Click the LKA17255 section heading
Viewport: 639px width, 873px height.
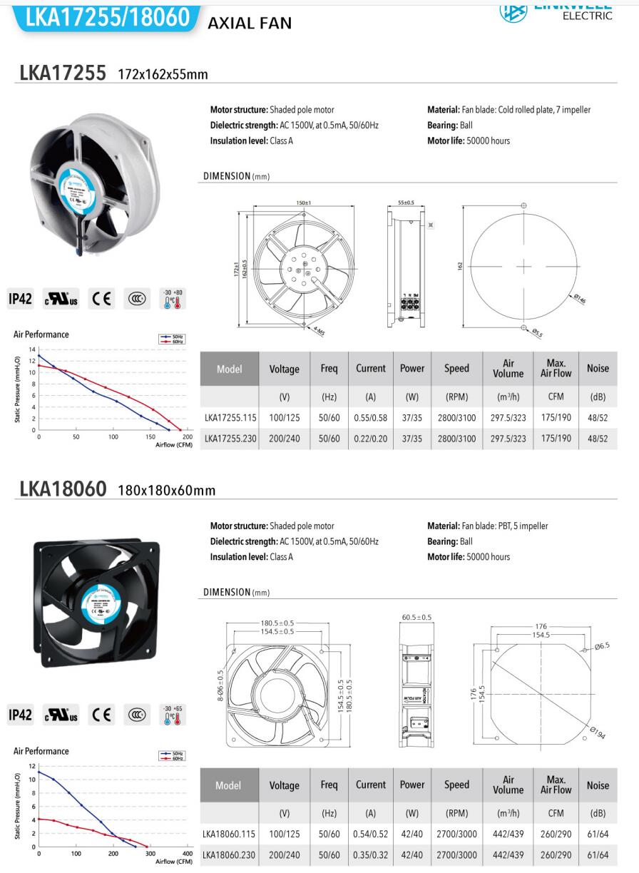click(x=63, y=73)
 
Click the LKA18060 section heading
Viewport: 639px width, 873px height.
click(x=63, y=489)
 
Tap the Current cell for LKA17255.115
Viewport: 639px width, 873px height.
click(x=370, y=418)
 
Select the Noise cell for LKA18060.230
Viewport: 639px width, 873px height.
click(x=598, y=854)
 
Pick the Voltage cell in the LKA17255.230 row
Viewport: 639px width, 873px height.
click(x=284, y=439)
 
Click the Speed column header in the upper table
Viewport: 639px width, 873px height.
click(x=456, y=369)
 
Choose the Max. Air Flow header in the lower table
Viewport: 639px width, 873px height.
click(x=556, y=785)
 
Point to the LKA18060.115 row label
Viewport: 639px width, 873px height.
click(x=228, y=834)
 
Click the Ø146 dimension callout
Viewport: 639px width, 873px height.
click(x=578, y=300)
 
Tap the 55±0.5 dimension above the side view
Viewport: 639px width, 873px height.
click(x=406, y=203)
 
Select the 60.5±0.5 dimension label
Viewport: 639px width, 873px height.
click(x=417, y=618)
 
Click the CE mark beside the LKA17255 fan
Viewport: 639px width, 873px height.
click(x=101, y=299)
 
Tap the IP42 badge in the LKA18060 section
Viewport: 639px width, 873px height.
click(x=21, y=715)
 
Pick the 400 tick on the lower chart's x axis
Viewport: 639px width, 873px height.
click(x=188, y=854)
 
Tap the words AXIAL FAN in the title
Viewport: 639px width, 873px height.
click(x=250, y=24)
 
